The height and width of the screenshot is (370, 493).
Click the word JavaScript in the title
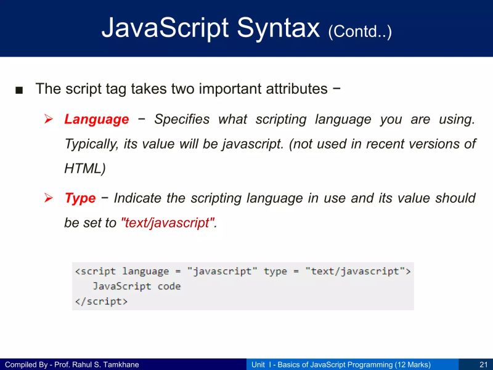click(160, 28)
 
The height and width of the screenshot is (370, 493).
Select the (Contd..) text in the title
click(360, 31)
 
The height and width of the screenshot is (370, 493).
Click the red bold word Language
click(97, 120)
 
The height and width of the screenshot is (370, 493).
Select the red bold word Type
click(80, 199)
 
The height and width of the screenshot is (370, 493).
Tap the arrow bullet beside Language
click(50, 120)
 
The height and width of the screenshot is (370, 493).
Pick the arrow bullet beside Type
click(50, 199)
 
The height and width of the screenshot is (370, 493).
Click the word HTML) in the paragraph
click(85, 168)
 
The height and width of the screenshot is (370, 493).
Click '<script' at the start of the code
click(96, 271)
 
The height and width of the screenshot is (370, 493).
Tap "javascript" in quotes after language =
click(222, 271)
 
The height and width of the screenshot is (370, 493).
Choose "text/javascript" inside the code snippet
click(355, 271)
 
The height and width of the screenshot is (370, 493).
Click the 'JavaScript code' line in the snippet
click(136, 286)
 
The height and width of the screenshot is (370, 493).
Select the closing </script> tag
click(101, 302)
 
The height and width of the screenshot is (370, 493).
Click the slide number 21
click(483, 364)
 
